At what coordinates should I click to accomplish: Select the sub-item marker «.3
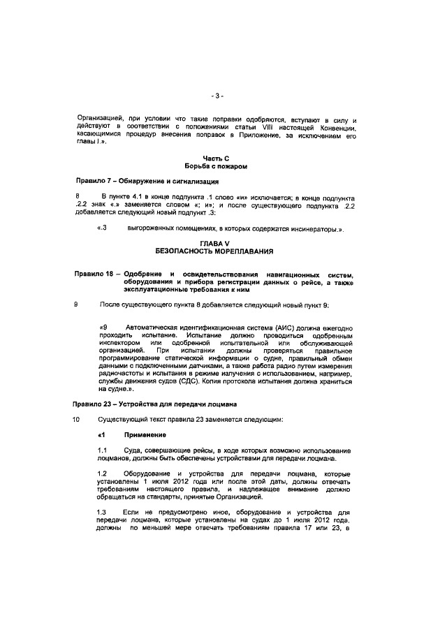coord(101,229)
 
